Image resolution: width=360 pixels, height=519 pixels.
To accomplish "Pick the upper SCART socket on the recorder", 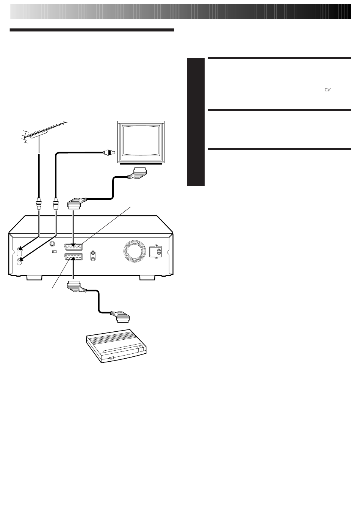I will click(x=74, y=246).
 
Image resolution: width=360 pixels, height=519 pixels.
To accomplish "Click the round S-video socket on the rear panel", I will click(x=52, y=245).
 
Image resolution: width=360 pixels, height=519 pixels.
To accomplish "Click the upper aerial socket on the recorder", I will click(x=20, y=250).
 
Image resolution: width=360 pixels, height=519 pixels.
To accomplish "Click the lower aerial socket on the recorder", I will click(x=20, y=260).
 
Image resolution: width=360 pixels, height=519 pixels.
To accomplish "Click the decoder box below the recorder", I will click(x=115, y=345).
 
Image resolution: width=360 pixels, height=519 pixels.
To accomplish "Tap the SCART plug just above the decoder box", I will click(x=120, y=317).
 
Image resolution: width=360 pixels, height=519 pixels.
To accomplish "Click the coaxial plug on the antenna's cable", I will click(x=38, y=204).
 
